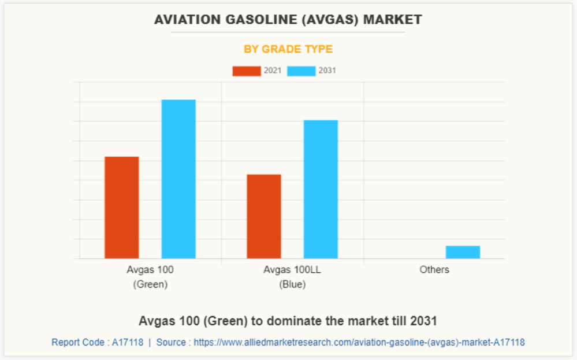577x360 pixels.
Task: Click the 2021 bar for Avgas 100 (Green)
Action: coord(121,207)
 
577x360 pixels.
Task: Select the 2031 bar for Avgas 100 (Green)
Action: coord(178,179)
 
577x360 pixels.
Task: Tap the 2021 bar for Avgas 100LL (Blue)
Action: coord(263,216)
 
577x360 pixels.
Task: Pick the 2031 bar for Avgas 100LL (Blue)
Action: coord(321,189)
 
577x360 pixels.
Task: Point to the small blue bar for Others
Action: coord(463,252)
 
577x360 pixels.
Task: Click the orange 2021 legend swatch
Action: coord(246,71)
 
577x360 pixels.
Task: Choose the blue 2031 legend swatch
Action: coord(301,71)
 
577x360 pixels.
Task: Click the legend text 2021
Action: coord(273,71)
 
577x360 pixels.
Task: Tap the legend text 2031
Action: coord(327,71)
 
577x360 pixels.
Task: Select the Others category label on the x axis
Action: coord(434,269)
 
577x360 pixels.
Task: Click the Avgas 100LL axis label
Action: coord(292,269)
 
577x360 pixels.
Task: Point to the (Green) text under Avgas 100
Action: coord(150,284)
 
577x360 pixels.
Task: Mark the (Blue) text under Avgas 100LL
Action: coord(292,284)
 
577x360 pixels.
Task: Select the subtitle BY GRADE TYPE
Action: coord(288,49)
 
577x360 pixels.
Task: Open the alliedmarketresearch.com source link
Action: coord(359,342)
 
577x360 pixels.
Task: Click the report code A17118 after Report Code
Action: coord(128,342)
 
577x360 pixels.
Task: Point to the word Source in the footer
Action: coord(171,342)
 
